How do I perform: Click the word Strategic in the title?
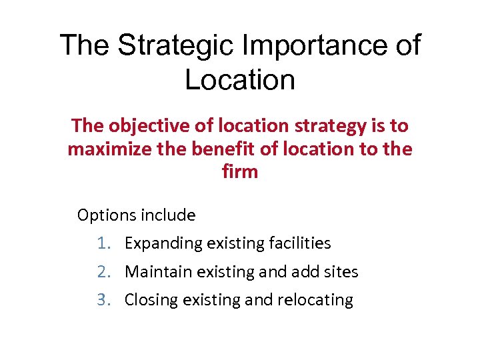click(x=176, y=46)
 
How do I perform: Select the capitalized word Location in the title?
click(x=240, y=80)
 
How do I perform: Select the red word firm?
click(x=239, y=171)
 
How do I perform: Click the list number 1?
click(x=103, y=243)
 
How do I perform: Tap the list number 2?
click(x=103, y=272)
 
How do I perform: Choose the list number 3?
click(x=103, y=300)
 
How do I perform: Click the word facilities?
click(x=299, y=243)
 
